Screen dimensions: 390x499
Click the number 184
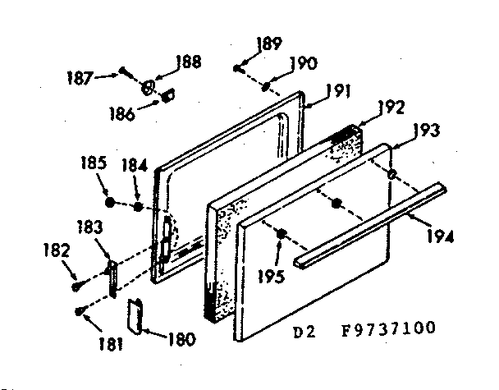point(134,164)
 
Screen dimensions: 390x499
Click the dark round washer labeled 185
point(110,200)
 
